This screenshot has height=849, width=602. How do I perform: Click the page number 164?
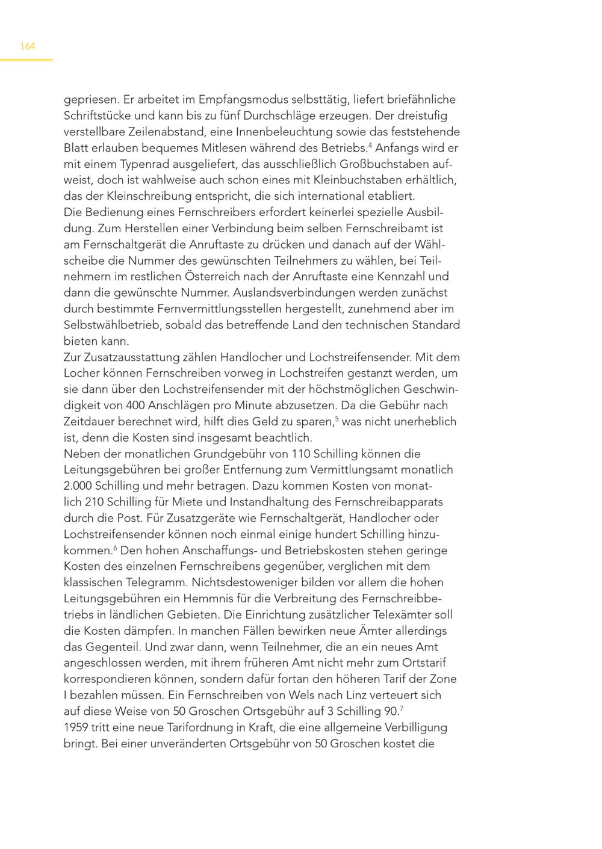click(28, 46)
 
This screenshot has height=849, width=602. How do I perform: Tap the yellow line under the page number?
click(26, 60)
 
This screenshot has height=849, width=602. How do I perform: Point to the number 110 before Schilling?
click(301, 454)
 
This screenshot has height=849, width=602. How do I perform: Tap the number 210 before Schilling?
click(96, 502)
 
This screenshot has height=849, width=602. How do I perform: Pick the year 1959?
click(76, 727)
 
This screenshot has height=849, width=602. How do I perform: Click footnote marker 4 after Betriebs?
click(370, 145)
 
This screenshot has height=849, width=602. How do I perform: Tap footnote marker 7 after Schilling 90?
click(402, 708)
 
